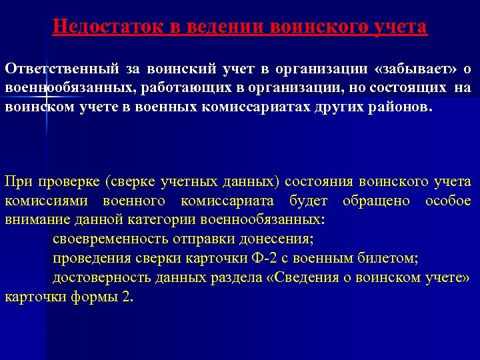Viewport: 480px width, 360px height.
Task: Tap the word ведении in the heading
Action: (x=219, y=27)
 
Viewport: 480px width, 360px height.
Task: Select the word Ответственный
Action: (x=62, y=68)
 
